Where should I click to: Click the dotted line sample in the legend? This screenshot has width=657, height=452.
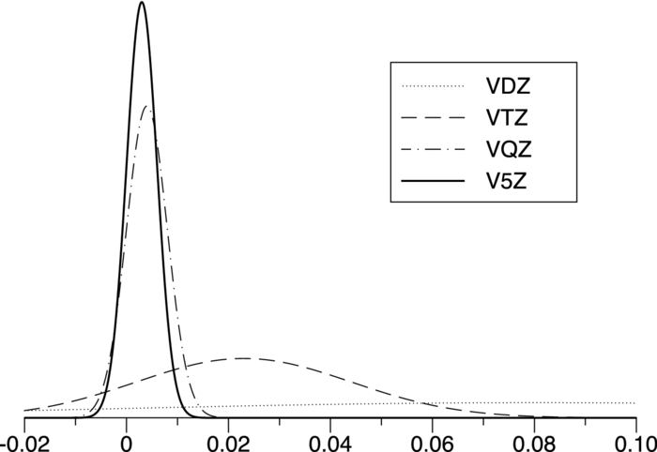pos(434,87)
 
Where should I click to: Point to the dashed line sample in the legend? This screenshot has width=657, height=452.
pos(434,118)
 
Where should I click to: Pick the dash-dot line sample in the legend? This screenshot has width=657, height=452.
pos(434,149)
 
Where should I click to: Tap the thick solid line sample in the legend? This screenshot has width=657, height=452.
pos(434,180)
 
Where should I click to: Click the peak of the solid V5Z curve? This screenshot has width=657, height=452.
pos(141,3)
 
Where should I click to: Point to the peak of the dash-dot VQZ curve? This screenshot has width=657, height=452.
pos(147,106)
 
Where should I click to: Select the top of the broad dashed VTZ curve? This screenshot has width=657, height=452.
pos(243,358)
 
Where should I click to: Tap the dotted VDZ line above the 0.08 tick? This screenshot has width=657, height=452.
pos(534,402)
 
